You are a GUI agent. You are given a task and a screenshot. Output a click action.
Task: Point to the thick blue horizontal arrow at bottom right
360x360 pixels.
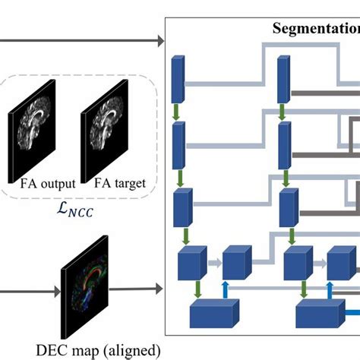pos(352,311)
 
